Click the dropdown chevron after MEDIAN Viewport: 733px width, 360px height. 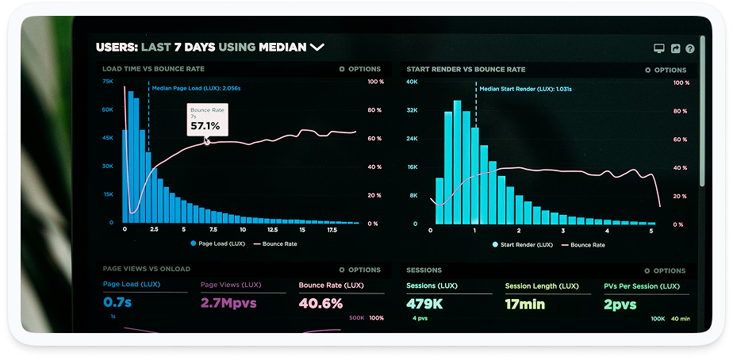pyautogui.click(x=317, y=48)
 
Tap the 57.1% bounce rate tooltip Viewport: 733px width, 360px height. pyautogui.click(x=206, y=120)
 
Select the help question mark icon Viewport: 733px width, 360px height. pyautogui.click(x=690, y=49)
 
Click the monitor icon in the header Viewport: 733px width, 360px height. pyautogui.click(x=658, y=49)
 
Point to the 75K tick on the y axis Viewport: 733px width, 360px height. pyautogui.click(x=108, y=82)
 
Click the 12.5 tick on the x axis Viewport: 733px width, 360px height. pyautogui.click(x=272, y=229)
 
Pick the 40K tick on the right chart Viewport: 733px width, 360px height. pyautogui.click(x=412, y=82)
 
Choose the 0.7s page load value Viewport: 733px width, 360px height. pyautogui.click(x=117, y=303)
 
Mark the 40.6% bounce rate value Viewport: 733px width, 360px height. pyautogui.click(x=320, y=303)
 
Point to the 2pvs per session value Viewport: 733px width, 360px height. pyautogui.click(x=620, y=303)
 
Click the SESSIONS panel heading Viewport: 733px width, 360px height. pyautogui.click(x=424, y=270)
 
